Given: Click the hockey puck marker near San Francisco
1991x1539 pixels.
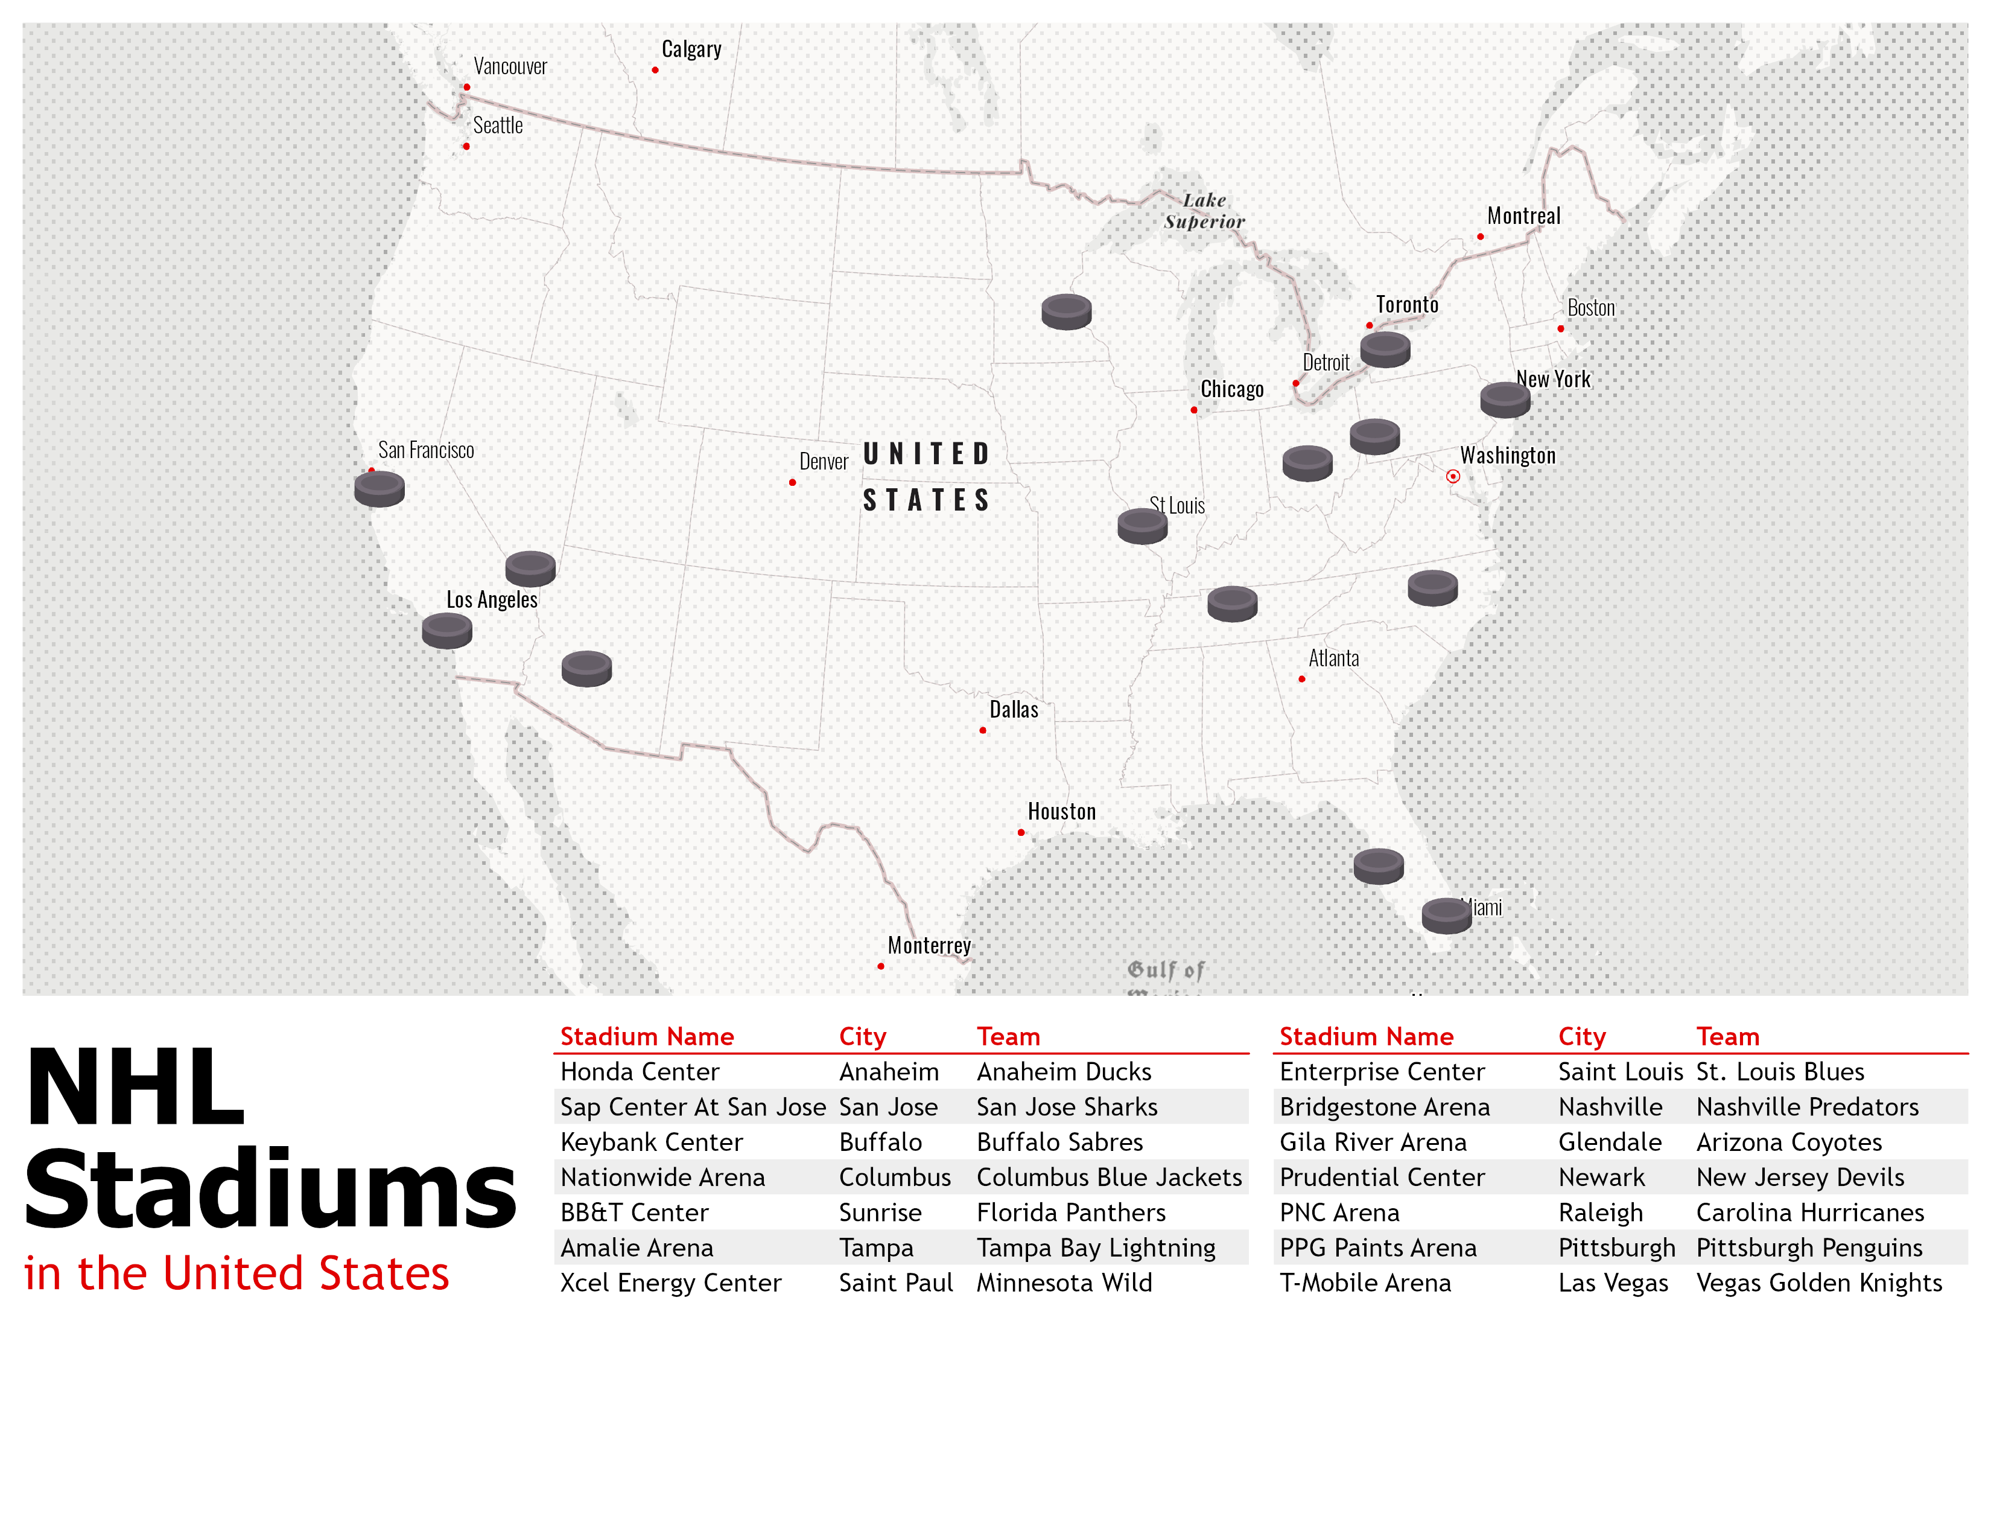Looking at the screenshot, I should [x=379, y=489].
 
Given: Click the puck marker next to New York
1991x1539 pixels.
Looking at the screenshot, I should [x=1505, y=400].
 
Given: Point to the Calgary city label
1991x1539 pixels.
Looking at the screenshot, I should [x=691, y=49].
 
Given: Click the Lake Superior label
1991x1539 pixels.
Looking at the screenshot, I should [x=1204, y=211].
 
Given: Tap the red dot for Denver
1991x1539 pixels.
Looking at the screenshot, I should [x=792, y=482].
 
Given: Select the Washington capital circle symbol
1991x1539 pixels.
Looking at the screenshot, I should [x=1453, y=476].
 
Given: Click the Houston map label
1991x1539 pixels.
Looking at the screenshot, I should [x=1062, y=811].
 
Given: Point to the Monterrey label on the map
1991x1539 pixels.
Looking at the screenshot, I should [x=929, y=946].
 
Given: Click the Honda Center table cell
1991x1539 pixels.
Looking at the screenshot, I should [x=640, y=1071].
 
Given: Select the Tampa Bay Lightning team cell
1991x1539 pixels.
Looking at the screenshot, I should [x=1096, y=1247].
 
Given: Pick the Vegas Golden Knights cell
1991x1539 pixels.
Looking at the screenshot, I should [x=1818, y=1283].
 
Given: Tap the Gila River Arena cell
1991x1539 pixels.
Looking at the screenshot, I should [x=1373, y=1141].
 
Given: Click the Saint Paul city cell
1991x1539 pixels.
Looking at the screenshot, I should [x=895, y=1283].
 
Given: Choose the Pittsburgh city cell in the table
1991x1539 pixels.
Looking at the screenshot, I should [x=1616, y=1247].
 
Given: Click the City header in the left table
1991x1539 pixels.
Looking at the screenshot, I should [x=862, y=1037].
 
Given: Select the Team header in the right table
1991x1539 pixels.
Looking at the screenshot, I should [x=1727, y=1037].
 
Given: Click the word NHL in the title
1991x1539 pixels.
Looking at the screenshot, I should [x=137, y=1088].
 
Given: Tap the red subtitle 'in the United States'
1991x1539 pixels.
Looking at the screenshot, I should [x=237, y=1273].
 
